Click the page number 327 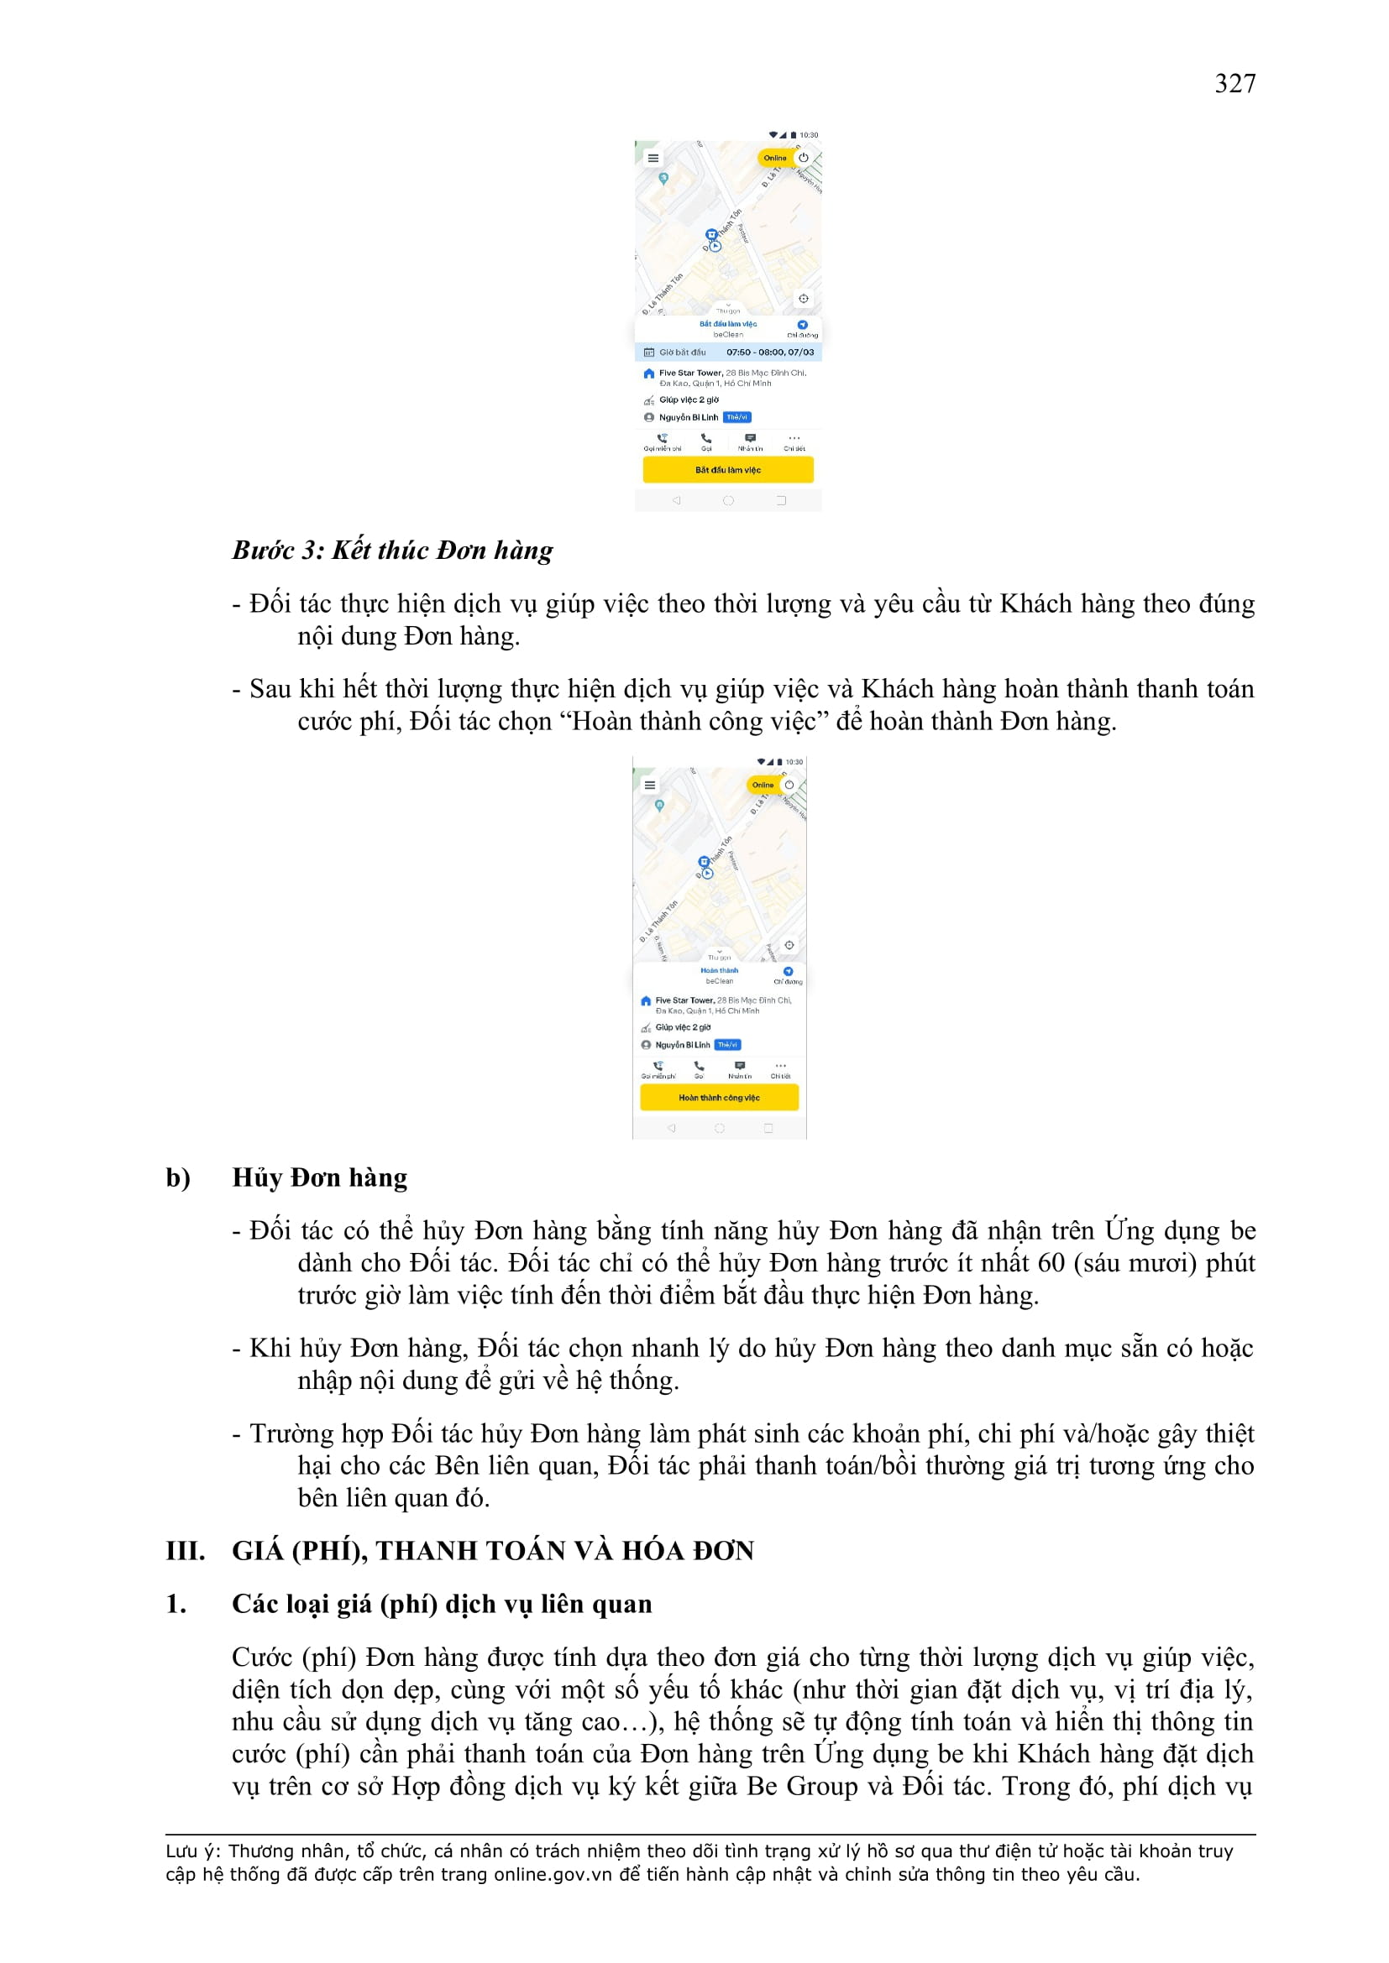tap(1234, 84)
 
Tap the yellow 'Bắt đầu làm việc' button tap(727, 469)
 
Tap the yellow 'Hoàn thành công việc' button tap(719, 1097)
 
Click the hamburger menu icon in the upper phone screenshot tap(653, 158)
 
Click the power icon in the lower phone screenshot tap(789, 785)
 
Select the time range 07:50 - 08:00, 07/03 tap(770, 352)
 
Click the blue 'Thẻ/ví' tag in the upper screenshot tap(736, 417)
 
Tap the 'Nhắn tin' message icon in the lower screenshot tap(740, 1066)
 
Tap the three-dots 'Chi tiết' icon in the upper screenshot tap(794, 439)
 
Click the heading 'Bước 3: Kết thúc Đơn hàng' tap(392, 550)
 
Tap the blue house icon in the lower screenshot tap(646, 1000)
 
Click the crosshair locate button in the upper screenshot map tap(803, 299)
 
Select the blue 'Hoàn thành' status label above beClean tap(720, 970)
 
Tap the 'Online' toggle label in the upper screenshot tap(774, 158)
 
